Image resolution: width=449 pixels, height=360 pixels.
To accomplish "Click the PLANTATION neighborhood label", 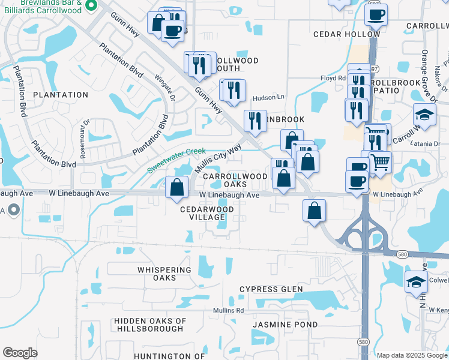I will [x=61, y=95].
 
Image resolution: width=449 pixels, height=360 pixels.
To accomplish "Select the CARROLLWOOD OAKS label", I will [x=234, y=181].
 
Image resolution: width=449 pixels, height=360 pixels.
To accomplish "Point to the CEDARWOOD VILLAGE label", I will [x=207, y=214].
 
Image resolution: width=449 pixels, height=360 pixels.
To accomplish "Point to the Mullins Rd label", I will [x=228, y=311].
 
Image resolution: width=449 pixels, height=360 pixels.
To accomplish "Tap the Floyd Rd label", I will [x=333, y=78].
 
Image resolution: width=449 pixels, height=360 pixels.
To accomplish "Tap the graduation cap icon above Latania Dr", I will [x=424, y=115].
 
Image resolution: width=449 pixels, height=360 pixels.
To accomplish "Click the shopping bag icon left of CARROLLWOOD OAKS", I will [x=177, y=187].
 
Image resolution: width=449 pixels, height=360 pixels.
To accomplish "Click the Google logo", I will [x=20, y=353].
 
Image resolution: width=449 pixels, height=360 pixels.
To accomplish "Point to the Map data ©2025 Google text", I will [x=411, y=355].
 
